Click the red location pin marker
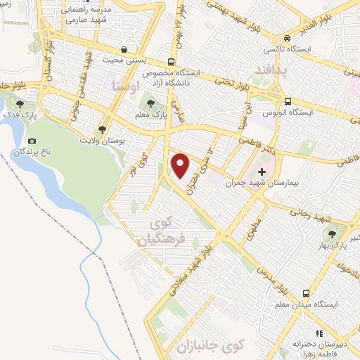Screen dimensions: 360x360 pos(181,165)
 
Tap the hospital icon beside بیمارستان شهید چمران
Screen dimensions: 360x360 pos(262,172)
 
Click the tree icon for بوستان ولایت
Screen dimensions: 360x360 pos(103,129)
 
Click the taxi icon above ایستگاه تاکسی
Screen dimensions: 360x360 pos(288,39)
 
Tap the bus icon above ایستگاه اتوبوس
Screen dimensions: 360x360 pos(288,100)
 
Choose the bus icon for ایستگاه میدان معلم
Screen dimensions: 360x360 pos(306,292)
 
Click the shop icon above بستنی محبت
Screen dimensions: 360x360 pos(124,50)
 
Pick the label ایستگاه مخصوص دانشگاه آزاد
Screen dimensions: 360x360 pos(172,78)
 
